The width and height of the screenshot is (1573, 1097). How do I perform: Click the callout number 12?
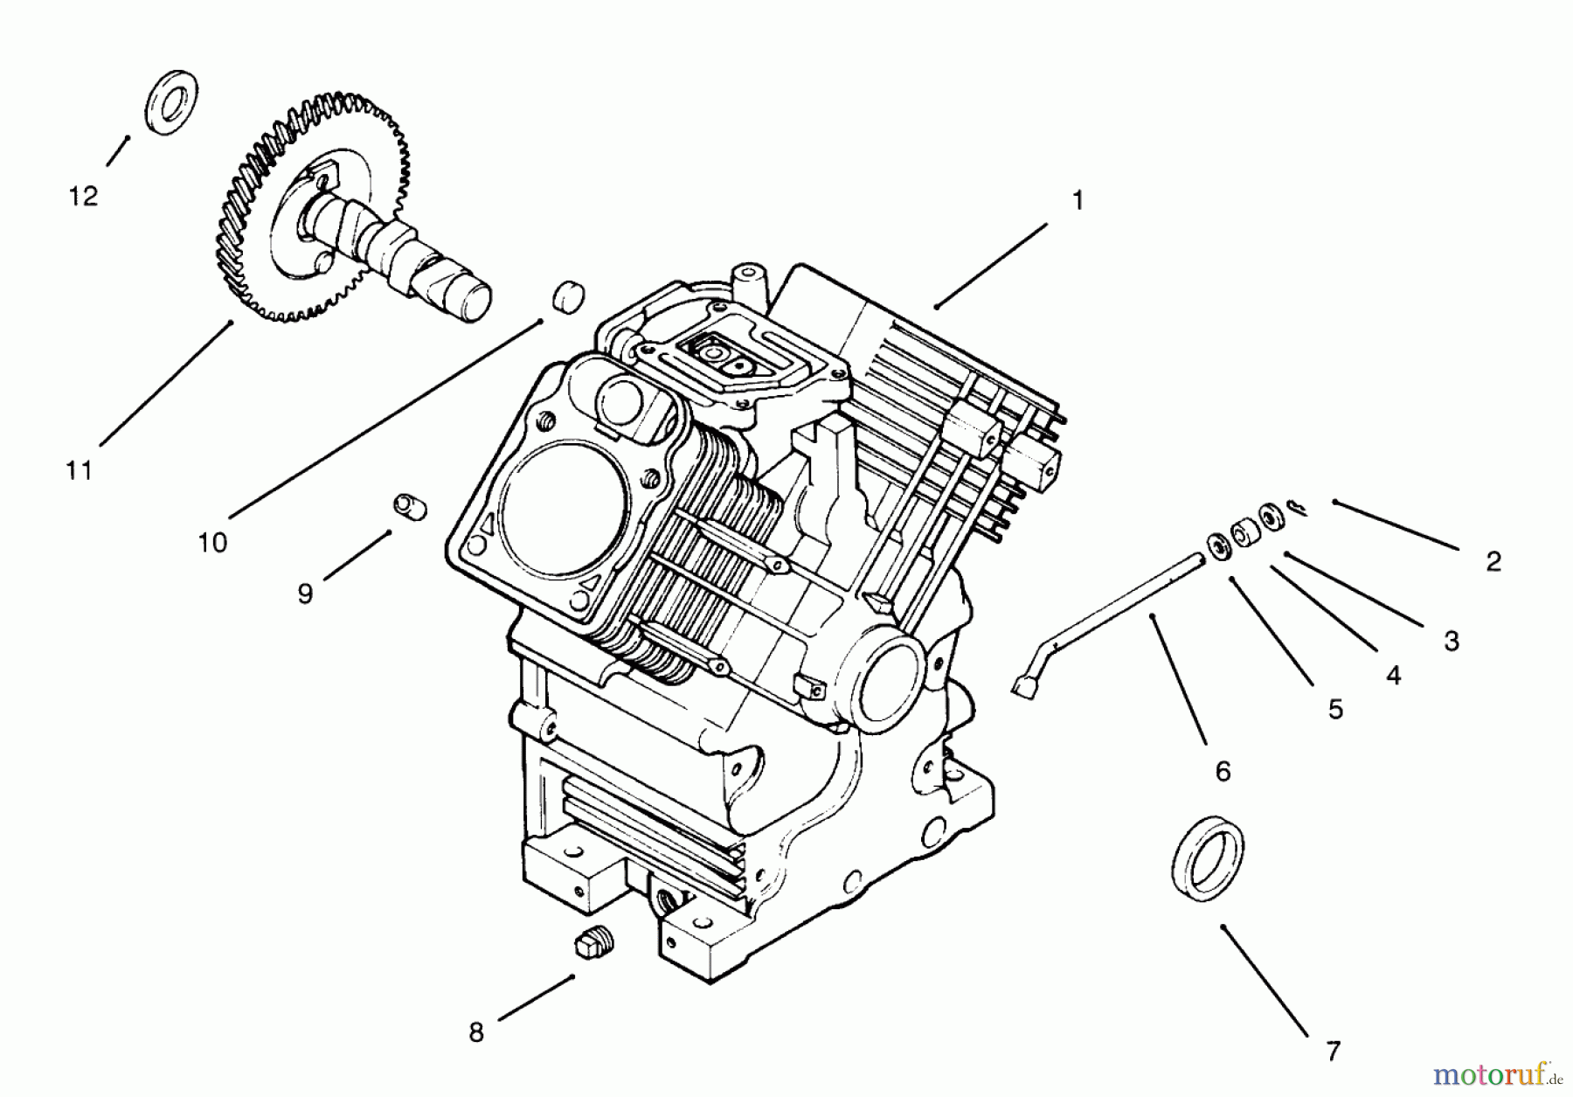(x=84, y=197)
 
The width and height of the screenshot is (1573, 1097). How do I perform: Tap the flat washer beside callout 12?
(x=170, y=102)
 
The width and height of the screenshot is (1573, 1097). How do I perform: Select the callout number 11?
(x=80, y=471)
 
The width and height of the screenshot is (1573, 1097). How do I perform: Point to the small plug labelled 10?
(x=567, y=295)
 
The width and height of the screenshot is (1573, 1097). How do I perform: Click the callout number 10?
(x=212, y=543)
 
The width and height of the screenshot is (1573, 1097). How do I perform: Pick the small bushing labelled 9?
(x=409, y=506)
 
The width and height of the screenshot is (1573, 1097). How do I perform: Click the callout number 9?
(x=305, y=594)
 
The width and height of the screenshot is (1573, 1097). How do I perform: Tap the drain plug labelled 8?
(x=593, y=946)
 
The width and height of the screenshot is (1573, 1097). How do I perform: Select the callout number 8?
(x=476, y=1033)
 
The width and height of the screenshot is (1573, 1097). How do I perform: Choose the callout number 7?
(x=1333, y=1052)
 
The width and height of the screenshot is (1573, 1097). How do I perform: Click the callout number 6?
(x=1223, y=771)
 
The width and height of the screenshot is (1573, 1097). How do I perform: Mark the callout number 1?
(x=1078, y=201)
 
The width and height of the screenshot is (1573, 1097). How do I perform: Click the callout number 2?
(x=1493, y=561)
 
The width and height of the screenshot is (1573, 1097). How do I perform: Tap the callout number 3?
(x=1452, y=642)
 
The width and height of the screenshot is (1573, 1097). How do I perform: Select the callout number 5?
(x=1335, y=710)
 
